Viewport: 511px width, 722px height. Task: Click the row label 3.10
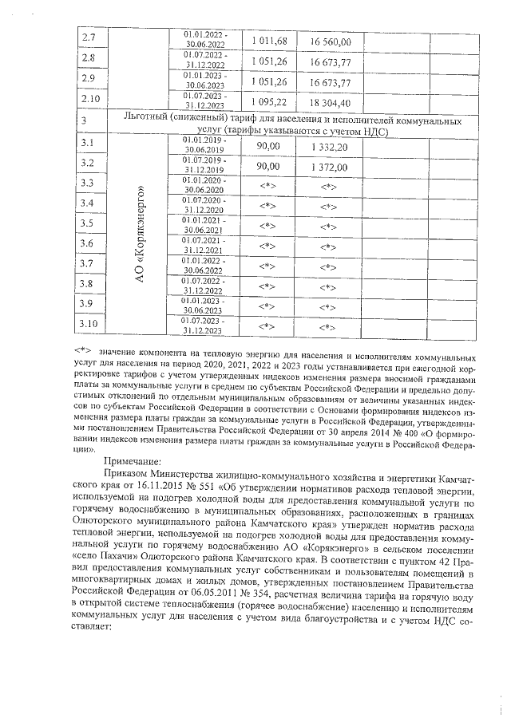tap(91, 323)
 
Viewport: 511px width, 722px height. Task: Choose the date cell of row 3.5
tap(204, 224)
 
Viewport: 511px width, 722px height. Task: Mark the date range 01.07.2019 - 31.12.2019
tap(204, 165)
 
